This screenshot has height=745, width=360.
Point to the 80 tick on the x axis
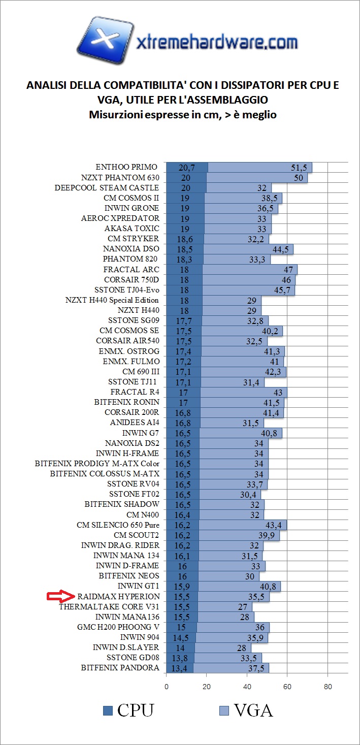click(x=328, y=687)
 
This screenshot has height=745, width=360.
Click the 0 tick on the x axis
click(x=167, y=687)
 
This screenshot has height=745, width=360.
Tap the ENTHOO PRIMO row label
click(x=127, y=167)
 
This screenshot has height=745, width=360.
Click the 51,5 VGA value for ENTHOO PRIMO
click(x=300, y=168)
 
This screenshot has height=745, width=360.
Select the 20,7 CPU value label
click(x=187, y=168)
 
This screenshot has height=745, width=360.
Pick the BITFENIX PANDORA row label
click(x=120, y=668)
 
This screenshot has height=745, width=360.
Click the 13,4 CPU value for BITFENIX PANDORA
click(x=180, y=668)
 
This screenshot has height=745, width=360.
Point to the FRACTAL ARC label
click(x=131, y=269)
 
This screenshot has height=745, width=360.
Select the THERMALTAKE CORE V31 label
click(x=109, y=606)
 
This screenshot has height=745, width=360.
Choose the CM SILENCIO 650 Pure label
click(x=118, y=525)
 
